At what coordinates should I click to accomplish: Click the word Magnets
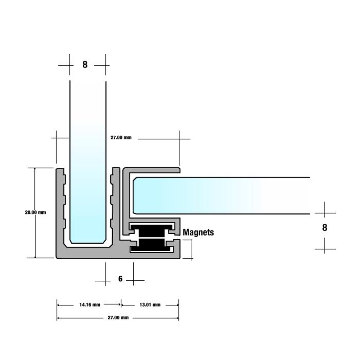(x=198, y=232)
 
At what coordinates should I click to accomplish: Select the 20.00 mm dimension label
(x=35, y=212)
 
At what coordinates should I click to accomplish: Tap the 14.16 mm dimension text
(x=90, y=304)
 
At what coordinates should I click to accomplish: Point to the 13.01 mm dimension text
(x=150, y=304)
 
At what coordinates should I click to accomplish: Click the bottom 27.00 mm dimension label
(x=118, y=317)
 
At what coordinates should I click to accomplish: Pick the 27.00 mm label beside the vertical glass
(x=121, y=137)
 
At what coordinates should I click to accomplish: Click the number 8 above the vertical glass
(x=85, y=64)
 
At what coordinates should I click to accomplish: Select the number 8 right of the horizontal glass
(x=325, y=227)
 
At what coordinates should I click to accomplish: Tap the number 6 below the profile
(x=120, y=279)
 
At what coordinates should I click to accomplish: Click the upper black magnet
(x=151, y=231)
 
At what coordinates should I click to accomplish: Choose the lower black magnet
(x=151, y=245)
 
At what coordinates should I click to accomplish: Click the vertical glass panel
(x=88, y=160)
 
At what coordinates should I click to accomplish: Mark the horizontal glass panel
(x=221, y=195)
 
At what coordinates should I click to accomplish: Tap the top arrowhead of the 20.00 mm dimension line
(x=35, y=169)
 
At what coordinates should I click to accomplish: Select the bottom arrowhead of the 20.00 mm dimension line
(x=35, y=256)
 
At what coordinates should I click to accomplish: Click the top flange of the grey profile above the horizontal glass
(x=152, y=170)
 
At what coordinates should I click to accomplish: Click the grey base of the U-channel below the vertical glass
(x=88, y=253)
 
